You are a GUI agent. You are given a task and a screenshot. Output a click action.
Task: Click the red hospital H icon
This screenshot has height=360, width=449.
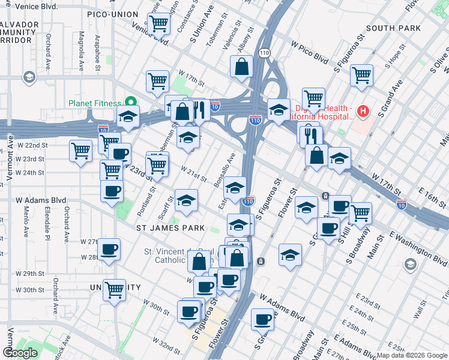(363, 111)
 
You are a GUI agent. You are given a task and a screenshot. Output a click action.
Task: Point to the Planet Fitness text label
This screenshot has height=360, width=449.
(94, 103)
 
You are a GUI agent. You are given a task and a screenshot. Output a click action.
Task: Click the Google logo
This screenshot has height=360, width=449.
(20, 353)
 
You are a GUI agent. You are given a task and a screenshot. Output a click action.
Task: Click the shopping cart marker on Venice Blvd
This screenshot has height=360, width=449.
(158, 24)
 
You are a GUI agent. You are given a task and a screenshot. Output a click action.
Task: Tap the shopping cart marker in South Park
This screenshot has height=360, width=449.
(361, 75)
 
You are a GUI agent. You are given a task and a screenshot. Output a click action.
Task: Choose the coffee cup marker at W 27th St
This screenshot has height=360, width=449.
(109, 249)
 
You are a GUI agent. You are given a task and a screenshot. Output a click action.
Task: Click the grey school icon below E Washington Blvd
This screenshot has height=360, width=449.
(410, 265)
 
